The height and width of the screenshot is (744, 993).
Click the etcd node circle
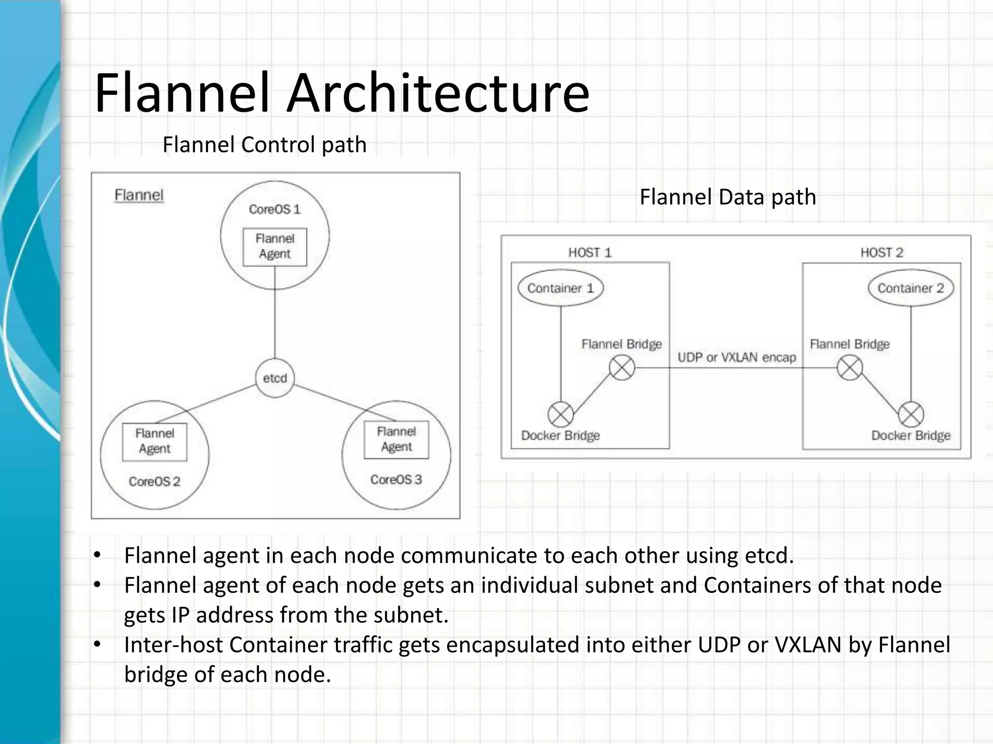[x=275, y=378]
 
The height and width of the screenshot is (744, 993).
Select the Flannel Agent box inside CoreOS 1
[x=275, y=247]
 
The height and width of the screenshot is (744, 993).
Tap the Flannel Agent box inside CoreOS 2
[x=155, y=442]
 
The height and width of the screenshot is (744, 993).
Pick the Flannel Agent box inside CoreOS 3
[x=396, y=440]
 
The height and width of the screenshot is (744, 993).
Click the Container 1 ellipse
[x=561, y=288]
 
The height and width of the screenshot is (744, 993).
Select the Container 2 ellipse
[x=911, y=288]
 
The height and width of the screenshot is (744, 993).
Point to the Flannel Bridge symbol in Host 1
[x=622, y=368]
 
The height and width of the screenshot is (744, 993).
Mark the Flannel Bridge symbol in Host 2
[x=849, y=368]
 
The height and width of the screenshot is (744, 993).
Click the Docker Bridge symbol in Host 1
[x=561, y=415]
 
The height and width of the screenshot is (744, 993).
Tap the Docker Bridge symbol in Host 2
[x=911, y=415]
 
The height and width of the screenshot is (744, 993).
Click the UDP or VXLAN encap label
[x=737, y=357]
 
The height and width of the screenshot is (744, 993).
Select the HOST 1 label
[x=590, y=252]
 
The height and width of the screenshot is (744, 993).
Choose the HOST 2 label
[x=881, y=252]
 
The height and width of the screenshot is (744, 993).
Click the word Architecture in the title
[x=437, y=93]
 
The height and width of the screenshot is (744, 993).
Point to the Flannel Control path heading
[x=264, y=144]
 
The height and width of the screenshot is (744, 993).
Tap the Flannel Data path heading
[x=728, y=197]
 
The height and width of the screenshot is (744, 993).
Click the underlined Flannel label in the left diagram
[x=139, y=195]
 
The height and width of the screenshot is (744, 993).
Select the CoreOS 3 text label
[x=396, y=480]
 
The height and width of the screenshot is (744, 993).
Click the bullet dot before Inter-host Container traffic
[x=97, y=645]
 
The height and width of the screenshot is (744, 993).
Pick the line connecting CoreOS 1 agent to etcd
[x=275, y=315]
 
